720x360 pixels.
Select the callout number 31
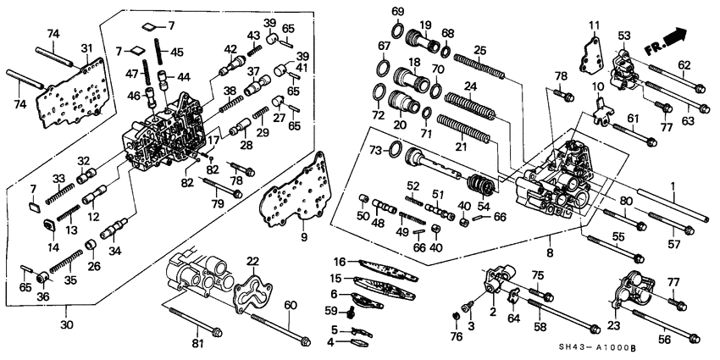click(86, 47)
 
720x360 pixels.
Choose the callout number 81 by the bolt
click(198, 344)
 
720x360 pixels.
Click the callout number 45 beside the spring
click(176, 52)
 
